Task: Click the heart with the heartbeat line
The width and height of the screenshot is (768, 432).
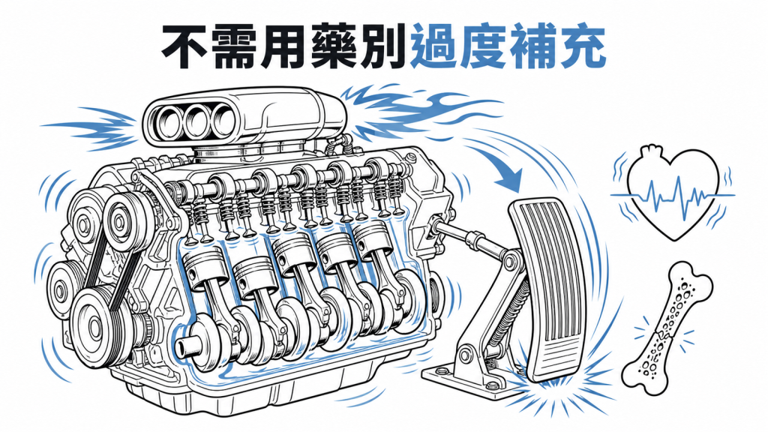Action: coord(673,192)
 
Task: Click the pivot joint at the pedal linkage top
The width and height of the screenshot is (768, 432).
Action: coord(510,262)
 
